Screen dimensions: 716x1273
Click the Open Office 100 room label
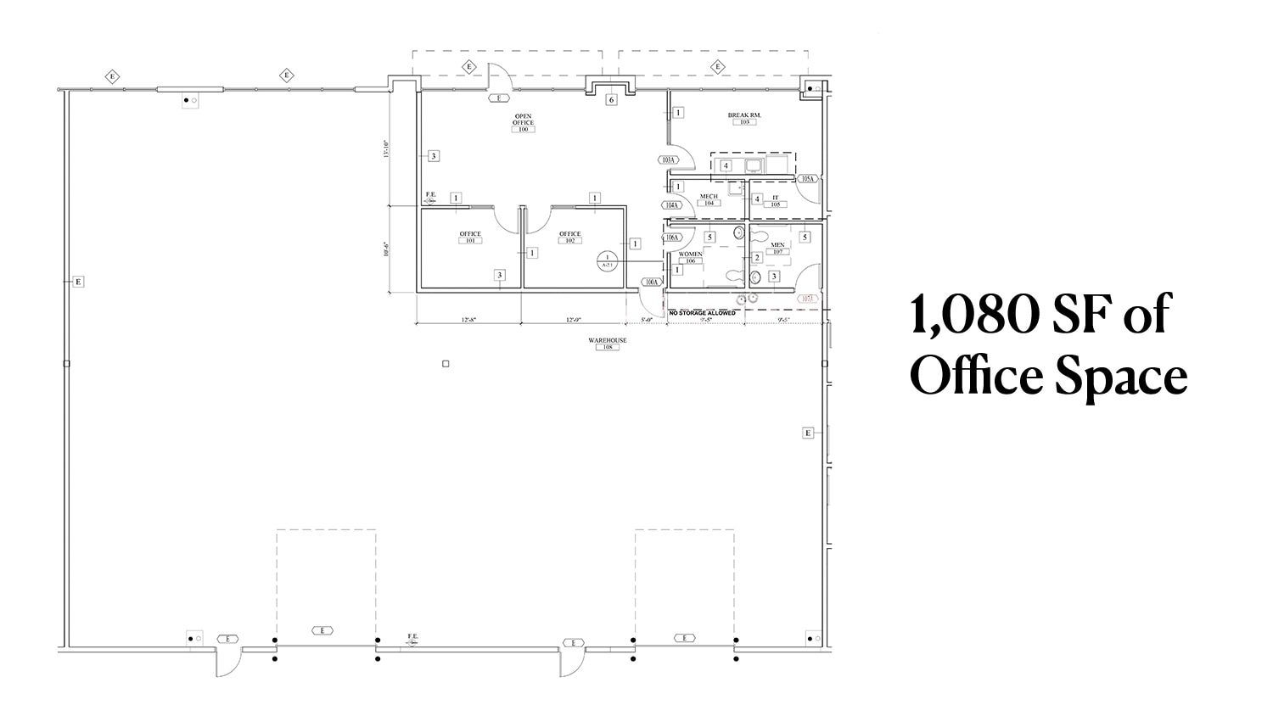[x=523, y=122]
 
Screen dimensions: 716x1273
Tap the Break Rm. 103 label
[x=744, y=118]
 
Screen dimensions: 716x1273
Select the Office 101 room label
[x=470, y=237]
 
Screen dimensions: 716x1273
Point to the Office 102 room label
[x=569, y=237]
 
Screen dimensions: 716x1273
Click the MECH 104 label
[x=709, y=199]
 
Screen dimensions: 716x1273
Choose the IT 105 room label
[x=775, y=201]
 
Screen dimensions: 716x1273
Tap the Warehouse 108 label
[x=608, y=344]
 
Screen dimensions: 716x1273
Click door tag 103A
[x=668, y=159]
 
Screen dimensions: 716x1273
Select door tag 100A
[x=652, y=282]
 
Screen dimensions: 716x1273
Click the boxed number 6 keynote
[x=610, y=100]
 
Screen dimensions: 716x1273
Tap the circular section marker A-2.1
[x=607, y=260]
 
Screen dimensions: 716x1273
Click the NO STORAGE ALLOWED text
[x=702, y=313]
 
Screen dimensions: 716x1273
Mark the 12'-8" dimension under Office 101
[x=468, y=320]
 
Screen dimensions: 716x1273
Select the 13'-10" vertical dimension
[x=385, y=149]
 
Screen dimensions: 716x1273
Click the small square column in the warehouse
[x=446, y=364]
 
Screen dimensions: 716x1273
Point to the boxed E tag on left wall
[x=78, y=282]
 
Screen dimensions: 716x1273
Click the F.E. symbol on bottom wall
[x=412, y=640]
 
